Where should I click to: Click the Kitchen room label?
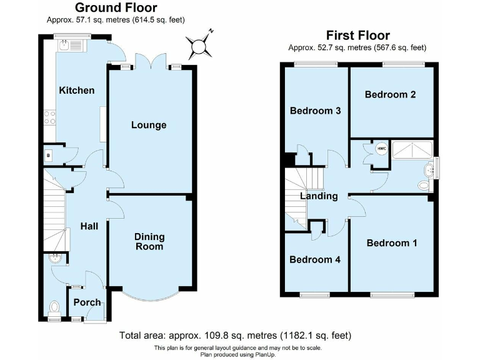(77, 90)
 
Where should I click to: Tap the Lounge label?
(149, 125)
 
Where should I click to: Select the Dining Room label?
(149, 241)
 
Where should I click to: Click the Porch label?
(87, 302)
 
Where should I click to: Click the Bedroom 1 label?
(391, 243)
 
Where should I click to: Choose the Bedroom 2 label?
(391, 95)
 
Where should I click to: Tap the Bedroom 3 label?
(316, 111)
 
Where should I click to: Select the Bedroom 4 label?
(315, 259)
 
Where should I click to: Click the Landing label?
(319, 196)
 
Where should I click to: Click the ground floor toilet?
(54, 307)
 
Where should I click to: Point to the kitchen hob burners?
(49, 117)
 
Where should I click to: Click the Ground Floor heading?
(116, 7)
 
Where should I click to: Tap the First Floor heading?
(357, 36)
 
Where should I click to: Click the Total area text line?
(235, 336)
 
